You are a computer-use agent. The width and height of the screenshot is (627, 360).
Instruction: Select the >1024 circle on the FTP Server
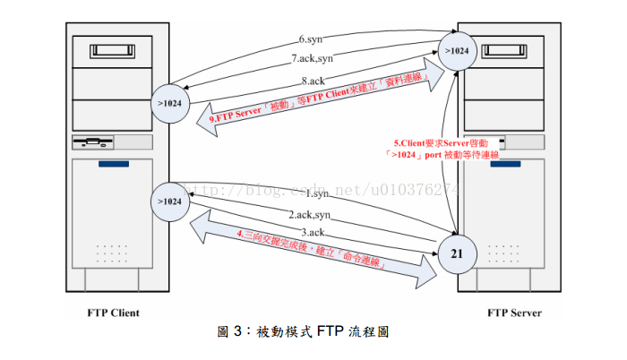457,50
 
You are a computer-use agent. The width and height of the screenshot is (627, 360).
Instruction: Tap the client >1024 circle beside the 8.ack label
170,104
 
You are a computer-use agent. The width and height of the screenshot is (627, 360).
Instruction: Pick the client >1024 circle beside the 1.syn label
170,201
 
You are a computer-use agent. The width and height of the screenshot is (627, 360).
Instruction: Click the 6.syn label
311,39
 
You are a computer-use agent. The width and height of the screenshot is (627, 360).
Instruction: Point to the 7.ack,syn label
312,59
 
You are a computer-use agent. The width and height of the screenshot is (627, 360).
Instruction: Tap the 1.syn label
318,193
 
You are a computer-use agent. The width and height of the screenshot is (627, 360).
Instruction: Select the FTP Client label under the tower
114,313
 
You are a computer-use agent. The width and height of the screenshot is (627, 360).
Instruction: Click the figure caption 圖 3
305,332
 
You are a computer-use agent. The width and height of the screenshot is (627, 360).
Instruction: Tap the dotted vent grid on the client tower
113,253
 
